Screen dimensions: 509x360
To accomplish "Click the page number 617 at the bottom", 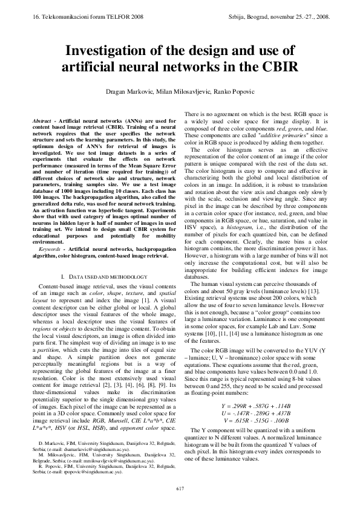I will coord(180,488).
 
